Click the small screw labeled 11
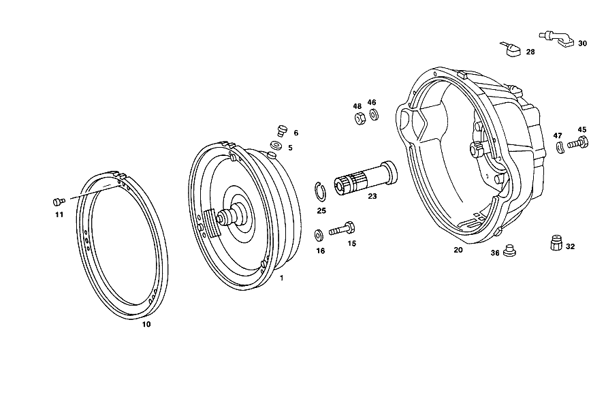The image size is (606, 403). coord(59,201)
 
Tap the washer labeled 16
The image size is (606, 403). coord(319,235)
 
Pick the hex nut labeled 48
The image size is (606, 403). coord(359,118)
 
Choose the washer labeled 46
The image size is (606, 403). coord(374,115)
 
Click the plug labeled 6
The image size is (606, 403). coord(283,131)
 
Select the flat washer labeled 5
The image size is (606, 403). coord(276,146)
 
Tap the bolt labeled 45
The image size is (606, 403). coord(578,144)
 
